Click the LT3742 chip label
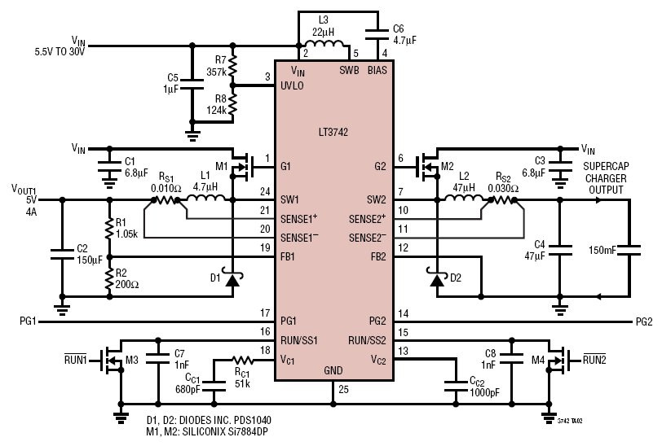point(333,132)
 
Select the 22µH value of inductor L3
point(323,32)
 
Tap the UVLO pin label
point(292,85)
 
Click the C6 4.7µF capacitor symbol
point(377,34)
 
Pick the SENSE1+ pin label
point(299,219)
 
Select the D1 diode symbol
point(232,278)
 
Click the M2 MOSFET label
point(447,166)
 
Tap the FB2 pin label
point(378,256)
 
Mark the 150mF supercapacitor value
point(602,251)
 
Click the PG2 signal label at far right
point(644,321)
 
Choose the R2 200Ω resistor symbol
point(109,278)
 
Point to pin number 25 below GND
point(343,389)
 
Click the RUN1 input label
point(75,359)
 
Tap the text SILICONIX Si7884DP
point(225,431)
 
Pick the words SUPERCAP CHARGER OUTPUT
point(607,178)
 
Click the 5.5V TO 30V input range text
point(60,52)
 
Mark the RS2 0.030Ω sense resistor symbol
point(503,200)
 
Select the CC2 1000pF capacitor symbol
point(456,386)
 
